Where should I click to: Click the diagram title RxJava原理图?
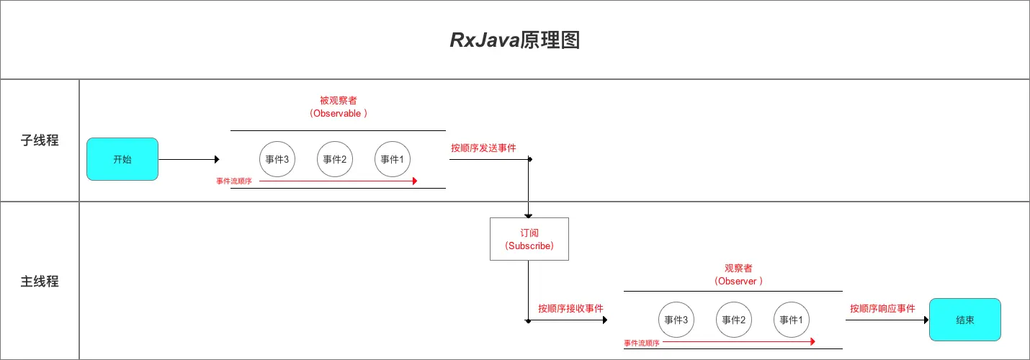[x=515, y=40]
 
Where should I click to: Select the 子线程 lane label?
[x=40, y=140]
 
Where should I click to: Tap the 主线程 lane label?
[x=40, y=282]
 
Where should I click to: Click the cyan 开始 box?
[x=122, y=159]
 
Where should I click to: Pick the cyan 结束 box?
[x=965, y=320]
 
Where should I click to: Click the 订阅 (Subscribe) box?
[x=529, y=239]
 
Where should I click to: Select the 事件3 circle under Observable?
[x=277, y=159]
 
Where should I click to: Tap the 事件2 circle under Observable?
[x=335, y=159]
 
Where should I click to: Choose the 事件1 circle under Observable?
[x=393, y=159]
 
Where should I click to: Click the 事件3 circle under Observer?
[x=676, y=320]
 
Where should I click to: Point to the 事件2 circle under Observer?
[x=734, y=320]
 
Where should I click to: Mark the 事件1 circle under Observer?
[x=792, y=320]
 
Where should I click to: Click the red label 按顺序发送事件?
[x=483, y=148]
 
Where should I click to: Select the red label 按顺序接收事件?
[x=570, y=308]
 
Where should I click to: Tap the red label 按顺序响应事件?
[x=882, y=308]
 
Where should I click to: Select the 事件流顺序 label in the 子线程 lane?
[x=234, y=181]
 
